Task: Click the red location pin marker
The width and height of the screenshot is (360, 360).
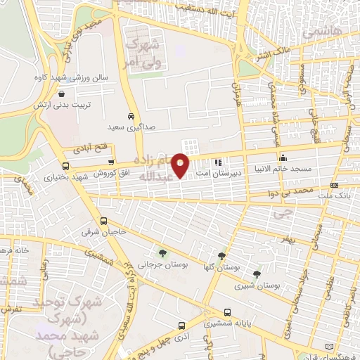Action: [181, 165]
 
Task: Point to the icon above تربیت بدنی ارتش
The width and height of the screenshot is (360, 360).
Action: [62, 93]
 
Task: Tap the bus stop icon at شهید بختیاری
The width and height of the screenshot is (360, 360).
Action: [65, 167]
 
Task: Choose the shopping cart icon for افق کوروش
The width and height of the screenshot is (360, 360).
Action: [111, 162]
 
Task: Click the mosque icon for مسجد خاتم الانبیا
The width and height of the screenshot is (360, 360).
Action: [283, 158]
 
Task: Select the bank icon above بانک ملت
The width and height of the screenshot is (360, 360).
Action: [334, 186]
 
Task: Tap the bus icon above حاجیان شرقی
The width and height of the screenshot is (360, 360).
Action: [104, 220]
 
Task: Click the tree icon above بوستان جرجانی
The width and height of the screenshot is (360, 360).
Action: [163, 253]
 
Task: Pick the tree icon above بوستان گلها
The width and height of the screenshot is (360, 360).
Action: [221, 256]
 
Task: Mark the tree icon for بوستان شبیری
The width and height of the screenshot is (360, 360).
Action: [257, 274]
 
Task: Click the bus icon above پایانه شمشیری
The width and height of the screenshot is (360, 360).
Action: [226, 312]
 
